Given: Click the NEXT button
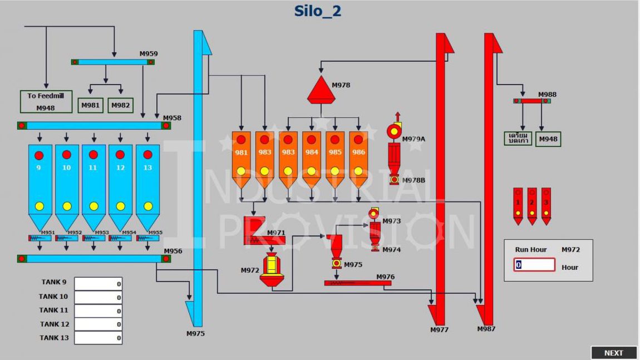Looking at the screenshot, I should tap(613, 353).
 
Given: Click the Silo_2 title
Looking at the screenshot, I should tap(317, 11).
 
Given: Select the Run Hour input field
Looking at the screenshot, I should tap(534, 265).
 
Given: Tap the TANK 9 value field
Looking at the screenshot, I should tap(99, 284).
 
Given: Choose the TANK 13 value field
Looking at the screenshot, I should tap(99, 337).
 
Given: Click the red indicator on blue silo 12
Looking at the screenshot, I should tap(120, 155).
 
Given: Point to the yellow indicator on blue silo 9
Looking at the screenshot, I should tap(40, 206).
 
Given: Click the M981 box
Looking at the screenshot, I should tap(91, 105).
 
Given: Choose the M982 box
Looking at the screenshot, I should tap(121, 105).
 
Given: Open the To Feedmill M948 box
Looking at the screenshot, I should tap(46, 102).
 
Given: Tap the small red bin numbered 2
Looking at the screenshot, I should tap(532, 205).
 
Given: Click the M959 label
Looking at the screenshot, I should tap(149, 54).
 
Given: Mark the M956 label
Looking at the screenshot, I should tap(173, 251).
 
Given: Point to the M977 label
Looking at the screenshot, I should tap(439, 330).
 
